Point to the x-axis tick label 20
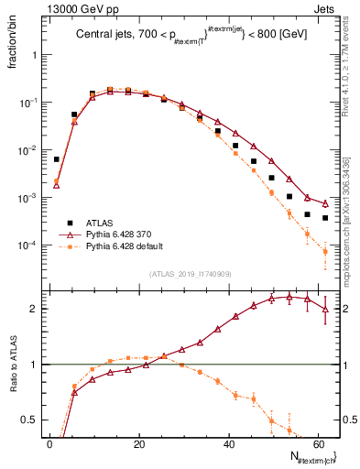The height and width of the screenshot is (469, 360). point(138,443)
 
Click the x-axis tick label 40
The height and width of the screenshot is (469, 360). point(228,443)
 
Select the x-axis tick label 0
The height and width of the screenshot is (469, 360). point(49,443)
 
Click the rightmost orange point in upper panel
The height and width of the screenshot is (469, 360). point(325,251)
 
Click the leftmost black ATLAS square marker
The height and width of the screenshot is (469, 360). point(57,159)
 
